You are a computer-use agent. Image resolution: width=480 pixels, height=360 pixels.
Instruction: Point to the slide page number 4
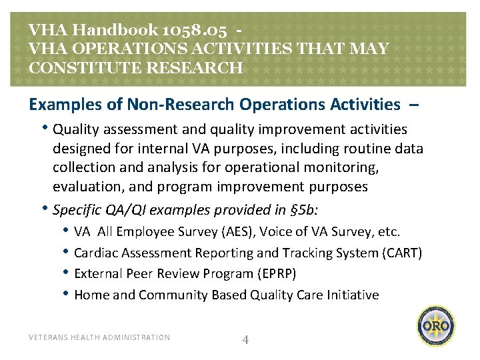tap(245, 340)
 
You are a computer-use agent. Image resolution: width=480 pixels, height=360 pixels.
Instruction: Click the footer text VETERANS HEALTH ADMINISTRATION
tap(99, 337)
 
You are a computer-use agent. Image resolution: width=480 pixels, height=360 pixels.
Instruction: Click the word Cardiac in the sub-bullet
tap(94, 253)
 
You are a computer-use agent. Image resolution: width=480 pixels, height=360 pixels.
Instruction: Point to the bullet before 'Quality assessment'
tap(46, 128)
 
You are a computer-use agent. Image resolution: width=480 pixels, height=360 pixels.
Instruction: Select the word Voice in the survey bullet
tap(276, 232)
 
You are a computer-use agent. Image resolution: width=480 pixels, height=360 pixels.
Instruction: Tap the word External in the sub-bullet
tap(97, 274)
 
